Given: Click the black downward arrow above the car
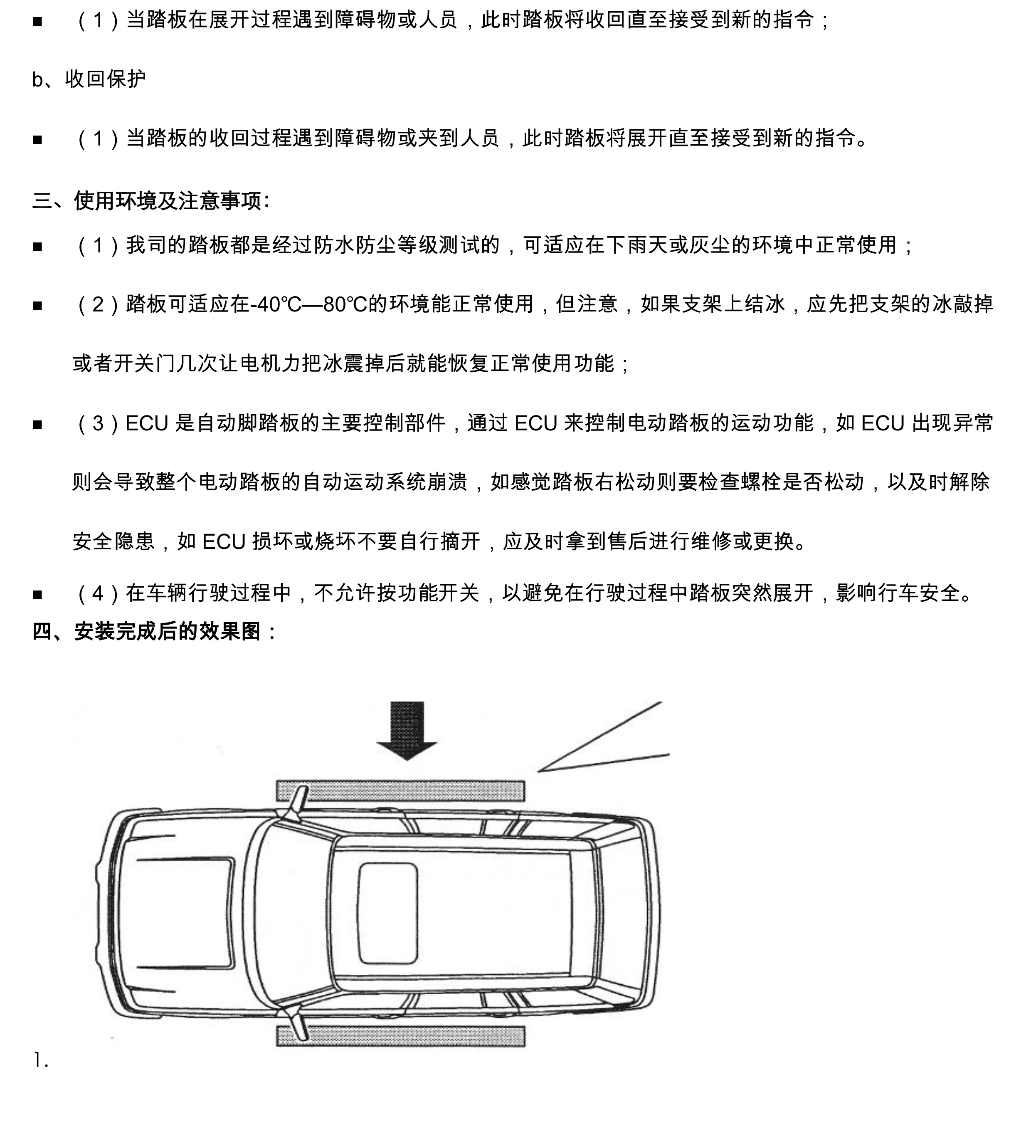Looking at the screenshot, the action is click(x=407, y=730).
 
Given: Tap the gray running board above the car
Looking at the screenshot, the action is click(x=400, y=791).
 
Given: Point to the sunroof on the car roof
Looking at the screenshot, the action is click(x=387, y=914).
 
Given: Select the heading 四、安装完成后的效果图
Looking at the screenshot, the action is click(x=154, y=631).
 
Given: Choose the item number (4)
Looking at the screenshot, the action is click(x=98, y=593).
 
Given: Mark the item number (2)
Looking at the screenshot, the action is click(x=98, y=304).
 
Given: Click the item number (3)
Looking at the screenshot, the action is click(x=98, y=423).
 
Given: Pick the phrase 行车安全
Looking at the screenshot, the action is click(x=919, y=593).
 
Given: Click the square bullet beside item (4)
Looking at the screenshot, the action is click(x=38, y=594).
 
